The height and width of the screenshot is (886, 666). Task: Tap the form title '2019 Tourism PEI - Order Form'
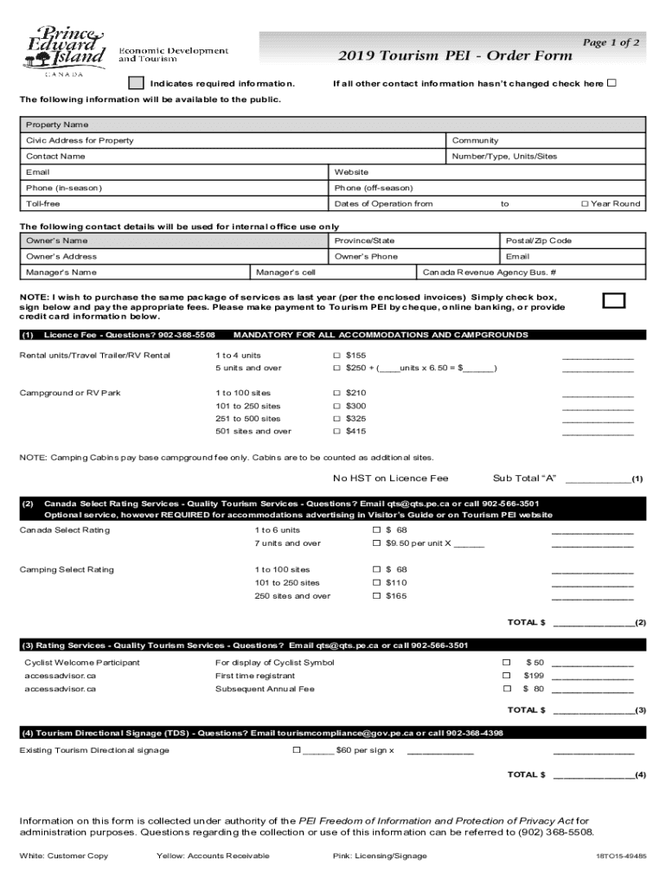click(455, 56)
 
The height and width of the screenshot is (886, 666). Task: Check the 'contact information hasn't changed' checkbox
click(612, 84)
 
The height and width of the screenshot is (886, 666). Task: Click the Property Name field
click(333, 125)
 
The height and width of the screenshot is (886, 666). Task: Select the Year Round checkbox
click(585, 203)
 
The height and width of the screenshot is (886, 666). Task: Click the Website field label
click(351, 172)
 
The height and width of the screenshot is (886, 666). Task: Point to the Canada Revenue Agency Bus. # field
click(489, 272)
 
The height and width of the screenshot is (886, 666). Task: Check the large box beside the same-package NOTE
click(613, 299)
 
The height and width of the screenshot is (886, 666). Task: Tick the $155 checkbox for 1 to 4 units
click(337, 356)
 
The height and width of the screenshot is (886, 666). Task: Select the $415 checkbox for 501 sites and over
click(337, 431)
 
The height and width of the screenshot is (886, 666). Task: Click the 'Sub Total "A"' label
click(524, 478)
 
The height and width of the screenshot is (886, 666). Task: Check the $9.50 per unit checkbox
click(376, 543)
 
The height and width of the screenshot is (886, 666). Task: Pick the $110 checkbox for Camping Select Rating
click(376, 583)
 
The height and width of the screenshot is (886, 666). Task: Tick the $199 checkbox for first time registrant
click(507, 676)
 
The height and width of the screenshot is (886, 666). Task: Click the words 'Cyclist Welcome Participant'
click(82, 663)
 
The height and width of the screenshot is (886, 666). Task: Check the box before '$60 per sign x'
click(297, 750)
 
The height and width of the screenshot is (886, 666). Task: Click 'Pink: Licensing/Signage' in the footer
click(380, 856)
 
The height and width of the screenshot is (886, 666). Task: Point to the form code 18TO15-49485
click(620, 857)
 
